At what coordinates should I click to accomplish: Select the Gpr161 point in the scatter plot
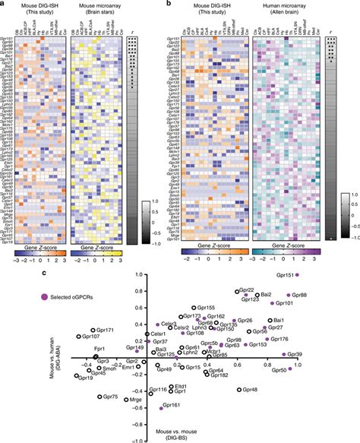(x=161, y=407)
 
